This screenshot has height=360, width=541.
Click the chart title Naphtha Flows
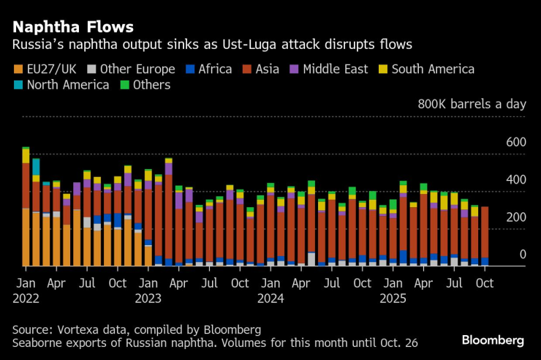coord(71,27)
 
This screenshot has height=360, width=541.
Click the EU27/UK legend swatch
coord(18,70)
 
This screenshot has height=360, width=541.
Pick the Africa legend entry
coord(210,70)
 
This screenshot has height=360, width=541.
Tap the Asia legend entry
coord(273,70)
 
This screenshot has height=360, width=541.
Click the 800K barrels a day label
coord(472,104)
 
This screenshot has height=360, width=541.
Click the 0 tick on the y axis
coord(522,255)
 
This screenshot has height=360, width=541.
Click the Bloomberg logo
coord(493,340)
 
